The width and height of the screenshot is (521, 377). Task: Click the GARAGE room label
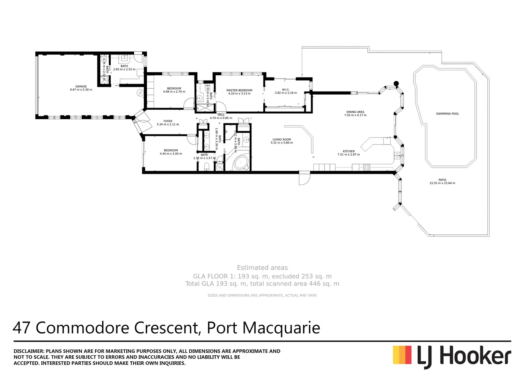click(x=81, y=86)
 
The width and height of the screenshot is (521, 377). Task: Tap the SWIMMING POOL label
click(x=447, y=114)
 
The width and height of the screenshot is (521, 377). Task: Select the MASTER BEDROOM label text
click(x=239, y=90)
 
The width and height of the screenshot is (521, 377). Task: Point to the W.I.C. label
click(x=286, y=90)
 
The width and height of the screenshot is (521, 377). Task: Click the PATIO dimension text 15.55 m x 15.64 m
click(x=442, y=183)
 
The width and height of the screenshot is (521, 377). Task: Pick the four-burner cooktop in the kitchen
click(x=366, y=167)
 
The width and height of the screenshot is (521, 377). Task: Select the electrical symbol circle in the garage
click(x=140, y=93)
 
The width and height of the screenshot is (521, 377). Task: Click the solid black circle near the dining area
click(x=396, y=83)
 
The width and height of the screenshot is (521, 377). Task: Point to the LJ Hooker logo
click(x=452, y=356)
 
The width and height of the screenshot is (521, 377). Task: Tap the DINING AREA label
click(x=355, y=112)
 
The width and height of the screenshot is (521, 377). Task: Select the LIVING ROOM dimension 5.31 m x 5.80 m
click(x=281, y=143)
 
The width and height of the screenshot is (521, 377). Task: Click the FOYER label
click(x=168, y=121)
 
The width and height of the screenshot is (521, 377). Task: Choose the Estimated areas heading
click(x=262, y=268)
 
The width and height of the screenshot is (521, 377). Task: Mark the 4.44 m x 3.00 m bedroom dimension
click(x=171, y=154)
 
